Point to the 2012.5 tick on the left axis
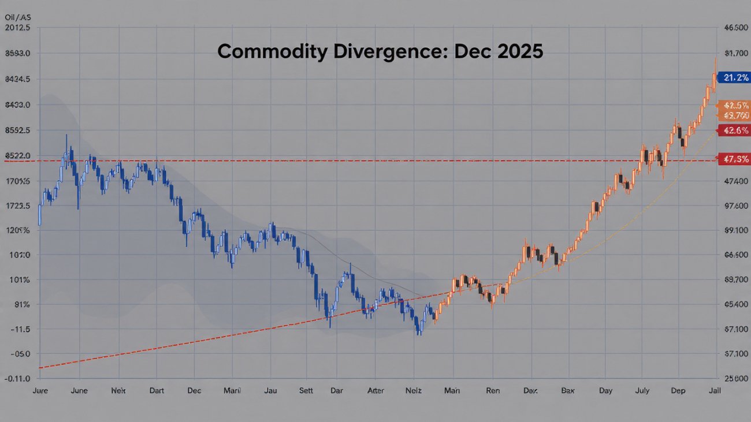click(x=17, y=27)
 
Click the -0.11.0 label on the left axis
click(x=17, y=379)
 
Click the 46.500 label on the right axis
click(x=736, y=27)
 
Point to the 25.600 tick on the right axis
click(x=736, y=379)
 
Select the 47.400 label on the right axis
click(x=736, y=181)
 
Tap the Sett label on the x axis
click(x=305, y=391)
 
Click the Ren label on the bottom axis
click(x=492, y=391)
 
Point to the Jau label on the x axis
click(x=270, y=391)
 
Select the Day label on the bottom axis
click(x=605, y=391)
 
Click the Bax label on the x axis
click(x=568, y=391)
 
